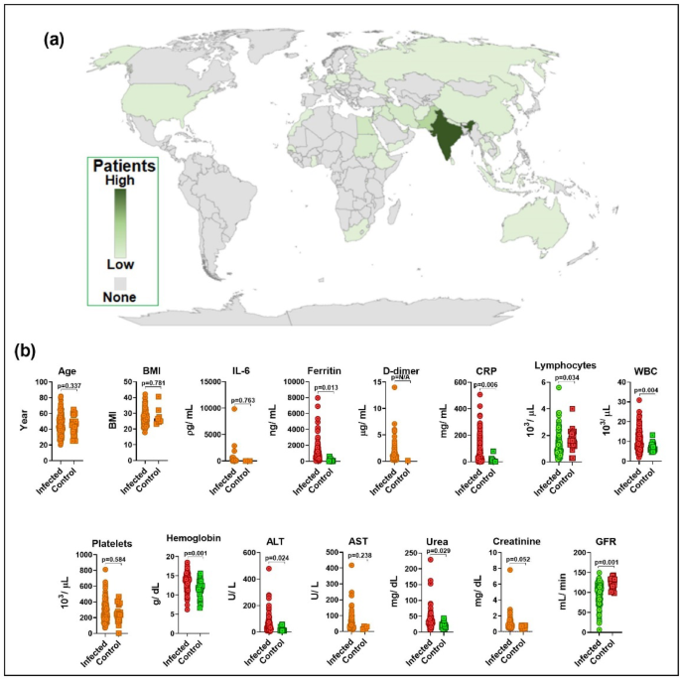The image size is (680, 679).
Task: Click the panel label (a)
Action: (57, 42)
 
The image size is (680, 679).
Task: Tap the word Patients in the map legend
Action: (128, 168)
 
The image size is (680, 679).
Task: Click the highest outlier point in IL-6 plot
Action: (234, 408)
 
